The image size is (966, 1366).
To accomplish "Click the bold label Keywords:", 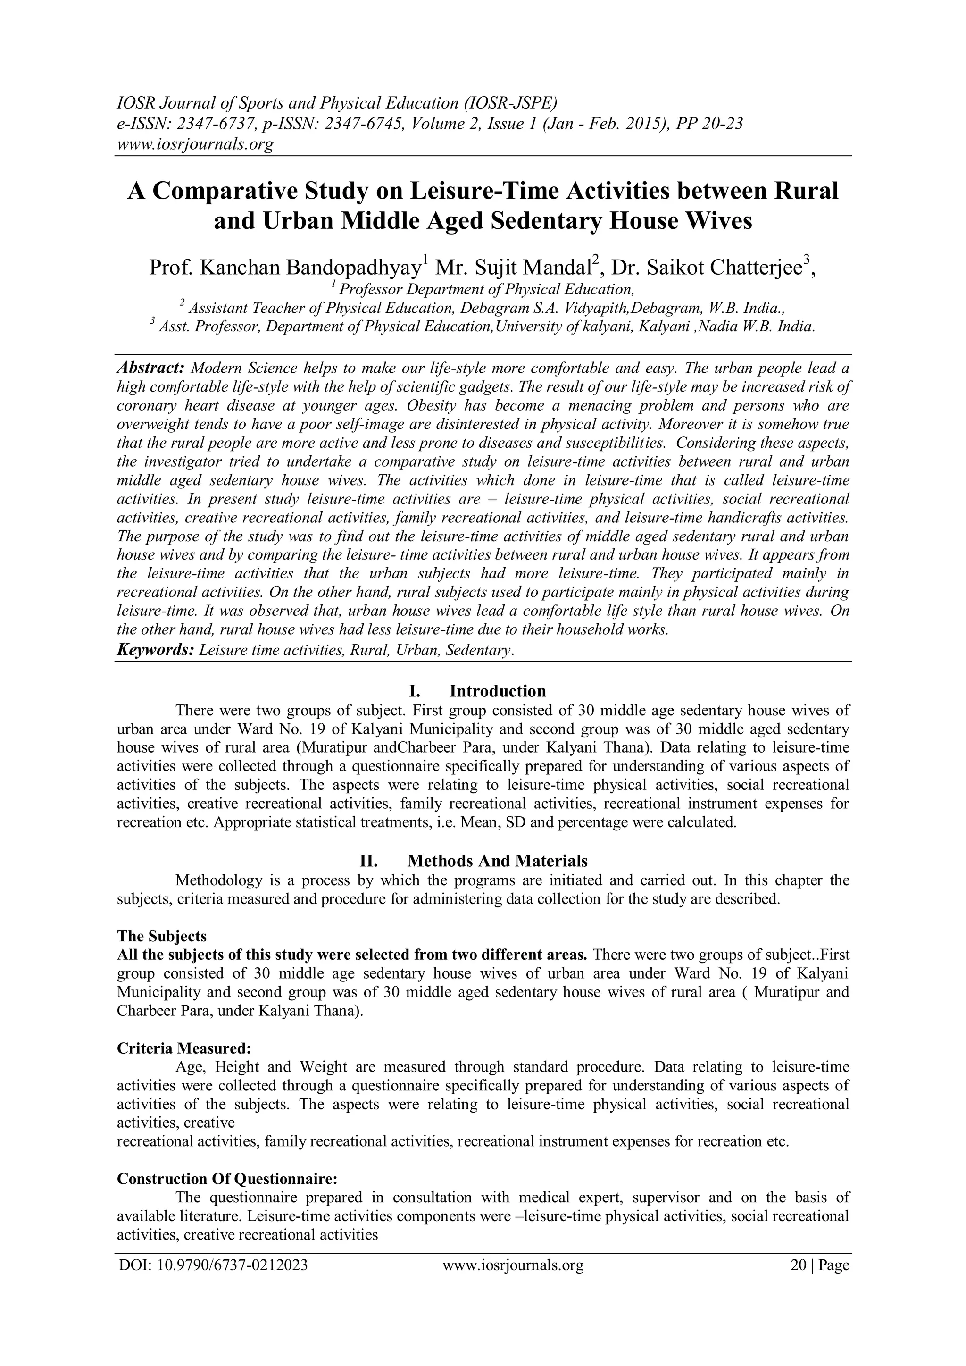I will pyautogui.click(x=155, y=650).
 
